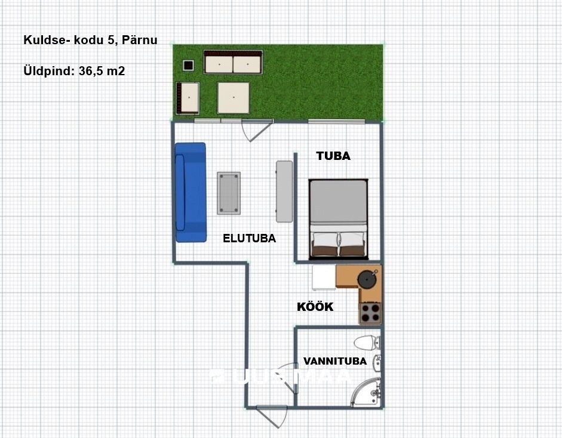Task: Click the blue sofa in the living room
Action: (190, 192)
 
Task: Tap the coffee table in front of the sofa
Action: (228, 193)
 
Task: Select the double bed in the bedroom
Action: (338, 217)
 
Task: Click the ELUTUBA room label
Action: (249, 239)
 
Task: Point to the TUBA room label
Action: (333, 156)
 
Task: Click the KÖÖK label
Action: (315, 308)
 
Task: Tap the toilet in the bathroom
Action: (366, 343)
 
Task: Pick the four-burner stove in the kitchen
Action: (370, 313)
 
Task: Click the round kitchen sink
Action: (366, 279)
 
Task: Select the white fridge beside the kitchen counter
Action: (324, 277)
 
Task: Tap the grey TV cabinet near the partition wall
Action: (284, 191)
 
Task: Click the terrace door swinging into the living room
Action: (250, 129)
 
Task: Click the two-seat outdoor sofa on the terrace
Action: (233, 63)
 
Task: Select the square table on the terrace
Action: (233, 97)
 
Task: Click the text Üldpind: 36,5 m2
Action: (74, 70)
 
